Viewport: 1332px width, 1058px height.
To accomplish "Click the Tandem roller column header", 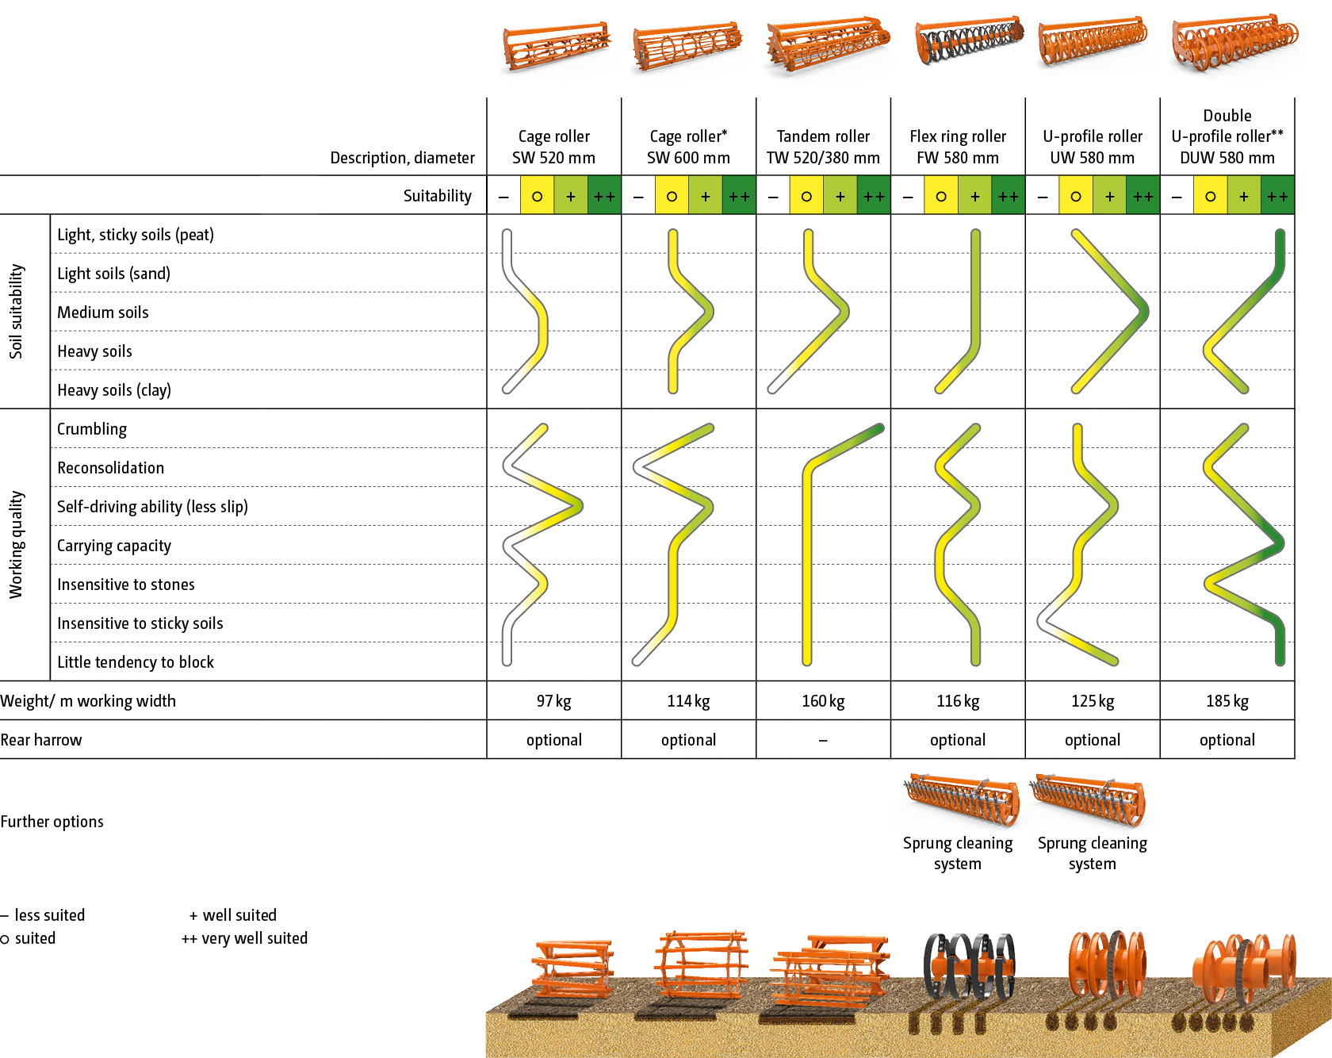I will (x=823, y=147).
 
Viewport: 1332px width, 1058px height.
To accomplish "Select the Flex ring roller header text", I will (x=958, y=147).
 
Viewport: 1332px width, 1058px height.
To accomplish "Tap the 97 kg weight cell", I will (x=553, y=701).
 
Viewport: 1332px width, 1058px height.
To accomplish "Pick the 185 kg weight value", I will (x=1227, y=701).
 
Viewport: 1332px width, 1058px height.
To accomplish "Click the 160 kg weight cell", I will (x=823, y=701).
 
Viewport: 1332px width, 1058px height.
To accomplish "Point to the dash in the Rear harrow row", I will (x=823, y=741).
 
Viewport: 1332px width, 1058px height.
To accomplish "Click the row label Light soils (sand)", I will (x=113, y=274).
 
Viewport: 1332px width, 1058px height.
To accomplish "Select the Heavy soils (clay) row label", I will (x=113, y=390).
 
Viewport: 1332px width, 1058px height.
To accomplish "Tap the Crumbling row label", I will (x=92, y=429).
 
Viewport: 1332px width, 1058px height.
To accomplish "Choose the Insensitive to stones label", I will (x=125, y=585).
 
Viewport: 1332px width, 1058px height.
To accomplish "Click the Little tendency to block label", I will (x=135, y=662).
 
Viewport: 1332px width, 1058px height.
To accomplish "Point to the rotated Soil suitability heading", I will (x=17, y=311).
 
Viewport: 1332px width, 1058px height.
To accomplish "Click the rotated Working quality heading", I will (x=17, y=544).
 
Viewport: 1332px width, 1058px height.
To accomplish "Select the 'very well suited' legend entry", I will (x=245, y=938).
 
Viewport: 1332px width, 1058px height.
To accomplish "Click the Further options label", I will (x=52, y=822).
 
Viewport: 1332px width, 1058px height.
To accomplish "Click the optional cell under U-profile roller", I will (x=1093, y=740).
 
